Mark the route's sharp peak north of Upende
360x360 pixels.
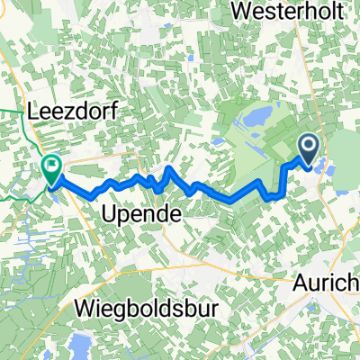(x=169, y=168)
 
